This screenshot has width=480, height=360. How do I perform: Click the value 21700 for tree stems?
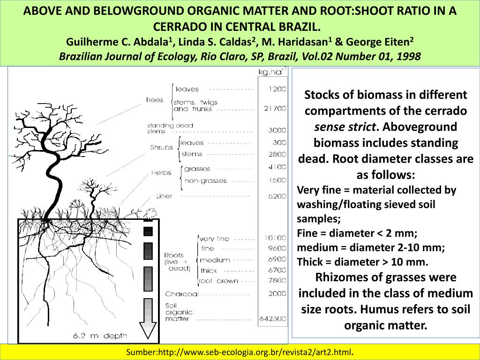[x=275, y=109]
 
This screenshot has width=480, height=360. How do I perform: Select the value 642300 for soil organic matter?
[x=272, y=319]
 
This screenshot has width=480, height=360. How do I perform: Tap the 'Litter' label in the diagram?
[x=164, y=196]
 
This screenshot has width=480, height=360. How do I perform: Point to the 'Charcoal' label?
[x=181, y=294]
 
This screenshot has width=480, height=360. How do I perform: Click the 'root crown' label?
[x=218, y=281]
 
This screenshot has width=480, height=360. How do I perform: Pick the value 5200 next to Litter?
[x=277, y=196]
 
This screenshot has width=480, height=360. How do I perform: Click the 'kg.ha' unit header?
[x=271, y=72]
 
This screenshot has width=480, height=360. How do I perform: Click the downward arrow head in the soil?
[x=149, y=330]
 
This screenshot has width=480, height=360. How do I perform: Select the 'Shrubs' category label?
[x=162, y=147]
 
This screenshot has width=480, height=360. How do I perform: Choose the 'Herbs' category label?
[x=161, y=173]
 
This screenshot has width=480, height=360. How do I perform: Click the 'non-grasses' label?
[x=205, y=181]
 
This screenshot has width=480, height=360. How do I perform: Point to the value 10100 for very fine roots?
[x=275, y=238]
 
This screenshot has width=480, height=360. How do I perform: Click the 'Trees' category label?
[x=154, y=100]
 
